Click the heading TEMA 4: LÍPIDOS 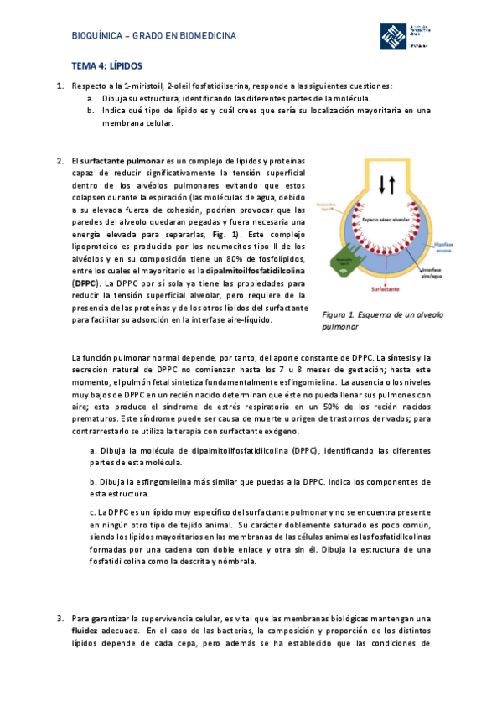tap(106, 65)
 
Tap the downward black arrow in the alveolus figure tap(381, 184)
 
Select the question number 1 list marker tap(60, 86)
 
